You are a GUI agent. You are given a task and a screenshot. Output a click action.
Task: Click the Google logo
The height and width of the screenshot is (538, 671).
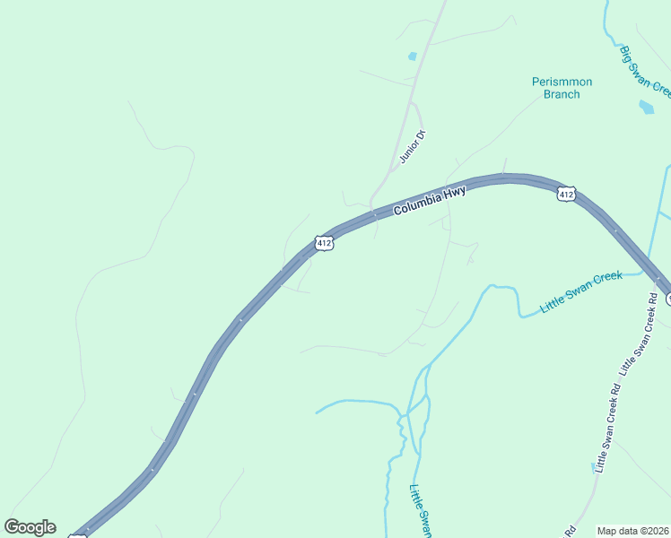pos(30,527)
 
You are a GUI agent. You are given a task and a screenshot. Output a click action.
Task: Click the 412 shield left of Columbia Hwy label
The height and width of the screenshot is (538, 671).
pos(325,243)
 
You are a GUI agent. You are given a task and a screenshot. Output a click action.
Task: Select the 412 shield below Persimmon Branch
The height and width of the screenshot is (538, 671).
pos(565,194)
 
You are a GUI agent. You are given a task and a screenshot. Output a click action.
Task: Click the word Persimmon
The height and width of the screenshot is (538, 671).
pos(562,82)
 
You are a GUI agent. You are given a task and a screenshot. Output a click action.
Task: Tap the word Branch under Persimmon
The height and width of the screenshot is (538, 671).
pos(562,94)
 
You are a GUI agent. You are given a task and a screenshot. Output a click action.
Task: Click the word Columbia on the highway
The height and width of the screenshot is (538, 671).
pos(415,204)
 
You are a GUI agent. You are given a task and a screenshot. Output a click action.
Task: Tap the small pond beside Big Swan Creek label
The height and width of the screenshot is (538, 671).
pos(647,107)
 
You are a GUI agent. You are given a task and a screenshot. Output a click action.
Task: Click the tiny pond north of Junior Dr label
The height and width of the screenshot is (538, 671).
pos(413,56)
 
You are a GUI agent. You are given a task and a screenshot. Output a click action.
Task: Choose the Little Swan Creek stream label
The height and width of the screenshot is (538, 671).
pos(581,292)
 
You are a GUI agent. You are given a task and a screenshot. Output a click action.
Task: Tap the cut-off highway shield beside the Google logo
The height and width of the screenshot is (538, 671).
pos(79,535)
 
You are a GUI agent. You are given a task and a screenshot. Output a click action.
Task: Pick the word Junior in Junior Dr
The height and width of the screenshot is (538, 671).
pos(408,152)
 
